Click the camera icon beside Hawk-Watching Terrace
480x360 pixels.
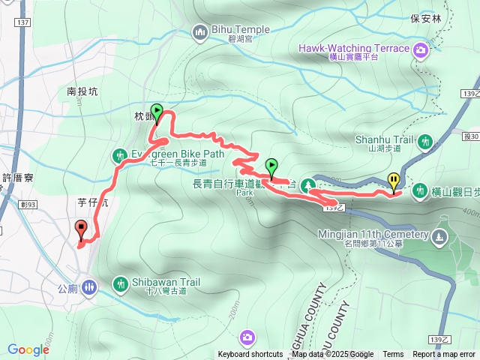pos(421,49)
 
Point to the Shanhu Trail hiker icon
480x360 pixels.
pos(425,140)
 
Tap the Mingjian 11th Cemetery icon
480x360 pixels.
pos(439,237)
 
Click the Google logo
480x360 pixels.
pos(28,349)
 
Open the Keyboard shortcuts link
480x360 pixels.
pos(250,355)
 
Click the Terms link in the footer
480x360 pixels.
pos(393,355)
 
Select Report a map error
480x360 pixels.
pos(444,355)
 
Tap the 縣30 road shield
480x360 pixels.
pos(471,136)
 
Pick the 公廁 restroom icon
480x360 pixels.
pos(89,286)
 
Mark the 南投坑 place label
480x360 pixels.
pos(82,92)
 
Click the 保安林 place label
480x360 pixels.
pos(427,18)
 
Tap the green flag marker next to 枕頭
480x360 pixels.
pos(156,112)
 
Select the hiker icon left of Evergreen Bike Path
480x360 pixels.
pos(119,155)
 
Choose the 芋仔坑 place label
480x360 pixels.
pos(92,202)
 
